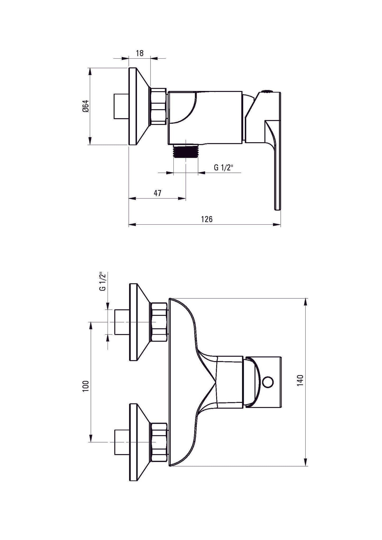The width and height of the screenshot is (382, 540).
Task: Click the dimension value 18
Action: pyautogui.click(x=140, y=53)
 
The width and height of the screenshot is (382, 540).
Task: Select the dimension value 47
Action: pyautogui.click(x=157, y=193)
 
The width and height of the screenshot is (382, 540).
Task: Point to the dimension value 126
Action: pyautogui.click(x=207, y=219)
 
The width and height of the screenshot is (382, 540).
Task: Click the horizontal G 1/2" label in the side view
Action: pyautogui.click(x=223, y=167)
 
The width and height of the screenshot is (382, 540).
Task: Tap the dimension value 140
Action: pyautogui.click(x=300, y=380)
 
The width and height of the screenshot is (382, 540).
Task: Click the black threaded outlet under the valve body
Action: pyautogui.click(x=185, y=151)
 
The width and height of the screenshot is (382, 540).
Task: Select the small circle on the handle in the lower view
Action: pyautogui.click(x=269, y=382)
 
